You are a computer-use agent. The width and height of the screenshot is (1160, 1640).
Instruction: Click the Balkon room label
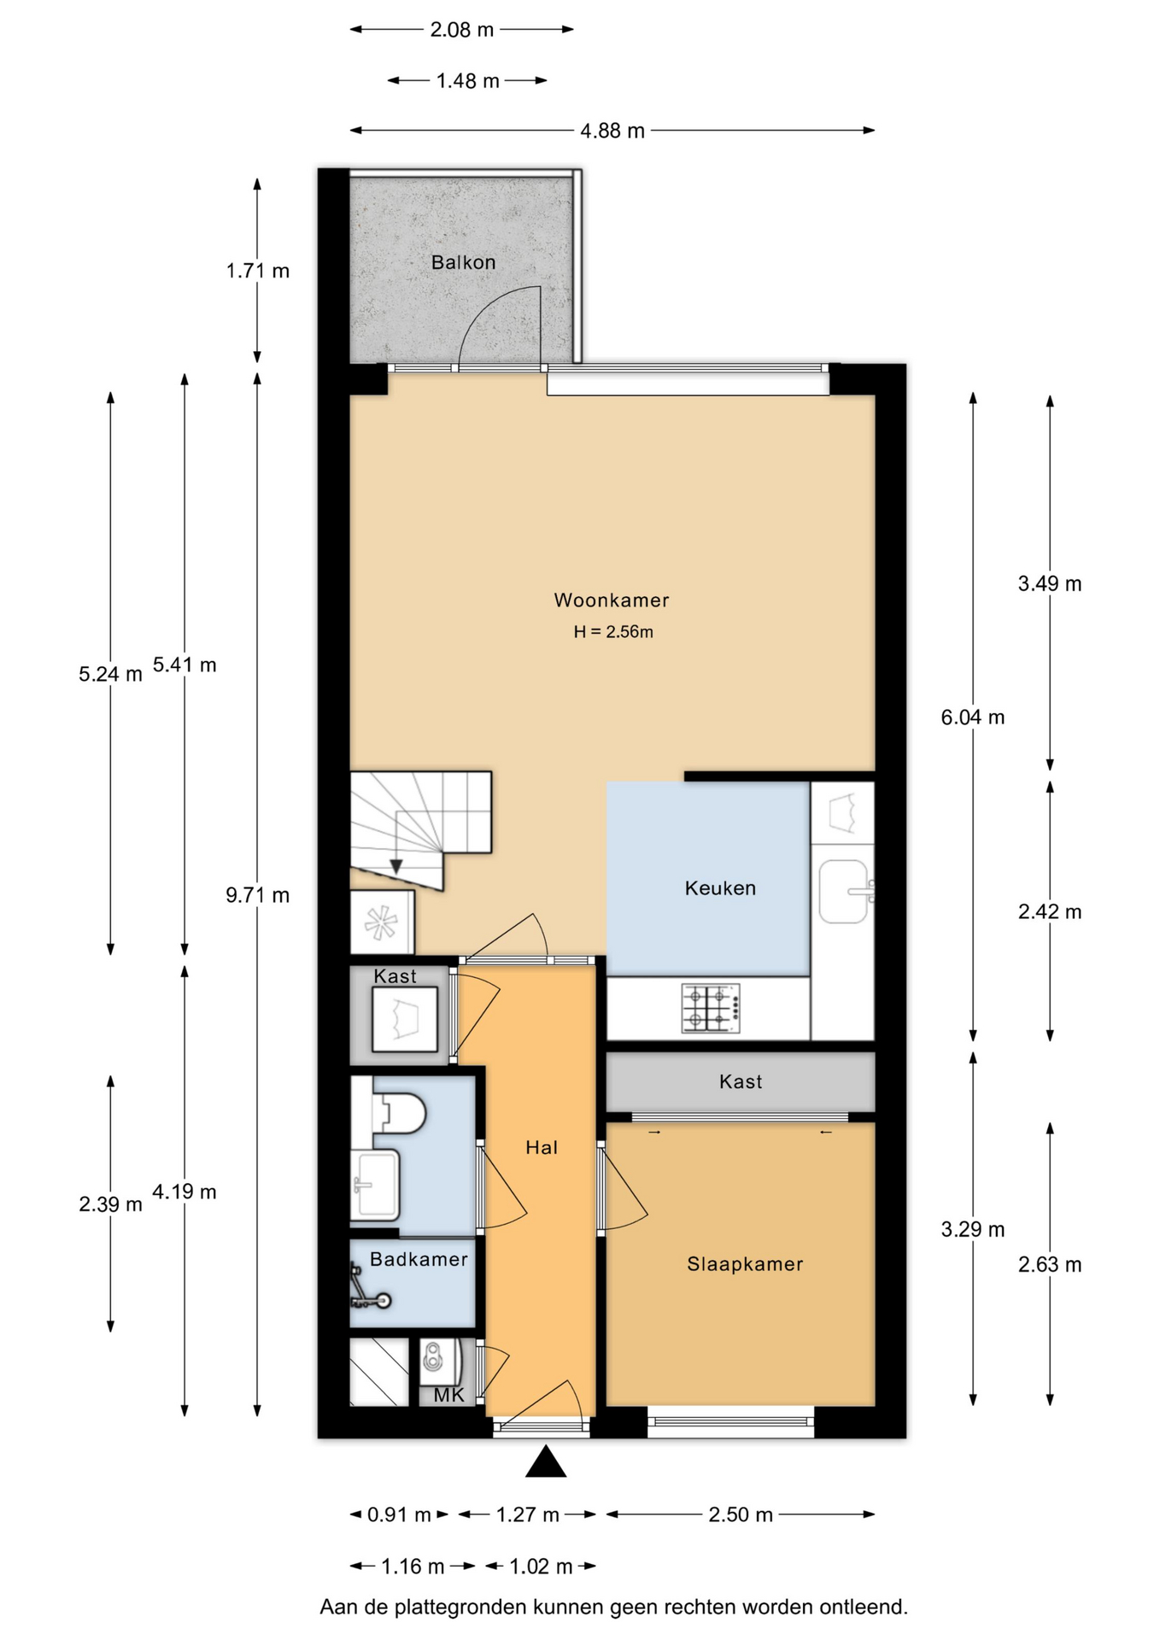pyautogui.click(x=463, y=262)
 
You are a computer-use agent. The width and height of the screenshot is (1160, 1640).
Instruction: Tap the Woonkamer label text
pyautogui.click(x=612, y=600)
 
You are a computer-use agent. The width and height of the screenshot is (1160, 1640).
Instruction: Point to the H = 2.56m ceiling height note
pyautogui.click(x=613, y=632)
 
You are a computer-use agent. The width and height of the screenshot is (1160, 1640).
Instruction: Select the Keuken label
pyautogui.click(x=720, y=888)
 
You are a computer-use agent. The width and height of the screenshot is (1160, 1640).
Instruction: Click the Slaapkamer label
pyautogui.click(x=745, y=1264)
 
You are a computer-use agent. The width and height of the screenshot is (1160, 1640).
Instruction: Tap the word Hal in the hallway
pyautogui.click(x=542, y=1147)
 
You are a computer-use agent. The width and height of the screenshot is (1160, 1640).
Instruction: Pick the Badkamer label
pyautogui.click(x=419, y=1259)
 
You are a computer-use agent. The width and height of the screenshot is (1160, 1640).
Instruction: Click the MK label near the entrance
pyautogui.click(x=448, y=1395)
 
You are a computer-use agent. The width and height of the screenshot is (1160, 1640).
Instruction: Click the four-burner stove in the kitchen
pyautogui.click(x=711, y=1009)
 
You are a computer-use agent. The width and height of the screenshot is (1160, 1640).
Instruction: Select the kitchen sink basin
pyautogui.click(x=844, y=892)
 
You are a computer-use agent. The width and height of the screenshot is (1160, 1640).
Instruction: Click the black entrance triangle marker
pyautogui.click(x=546, y=1461)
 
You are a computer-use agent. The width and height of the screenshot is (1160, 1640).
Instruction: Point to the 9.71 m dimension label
pyautogui.click(x=257, y=895)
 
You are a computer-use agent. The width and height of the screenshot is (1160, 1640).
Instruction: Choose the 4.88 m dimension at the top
pyautogui.click(x=612, y=131)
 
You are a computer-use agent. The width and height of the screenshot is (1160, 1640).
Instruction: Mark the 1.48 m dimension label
pyautogui.click(x=467, y=81)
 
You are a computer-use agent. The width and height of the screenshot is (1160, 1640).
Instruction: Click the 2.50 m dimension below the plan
pyautogui.click(x=741, y=1514)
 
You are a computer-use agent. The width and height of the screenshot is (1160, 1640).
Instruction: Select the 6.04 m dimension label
pyautogui.click(x=973, y=717)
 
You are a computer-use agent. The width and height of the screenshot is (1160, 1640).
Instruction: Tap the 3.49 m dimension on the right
pyautogui.click(x=1050, y=584)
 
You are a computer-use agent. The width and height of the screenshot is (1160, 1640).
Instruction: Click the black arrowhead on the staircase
pyautogui.click(x=396, y=866)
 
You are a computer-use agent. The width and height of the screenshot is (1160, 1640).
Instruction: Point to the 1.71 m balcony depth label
pyautogui.click(x=257, y=271)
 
